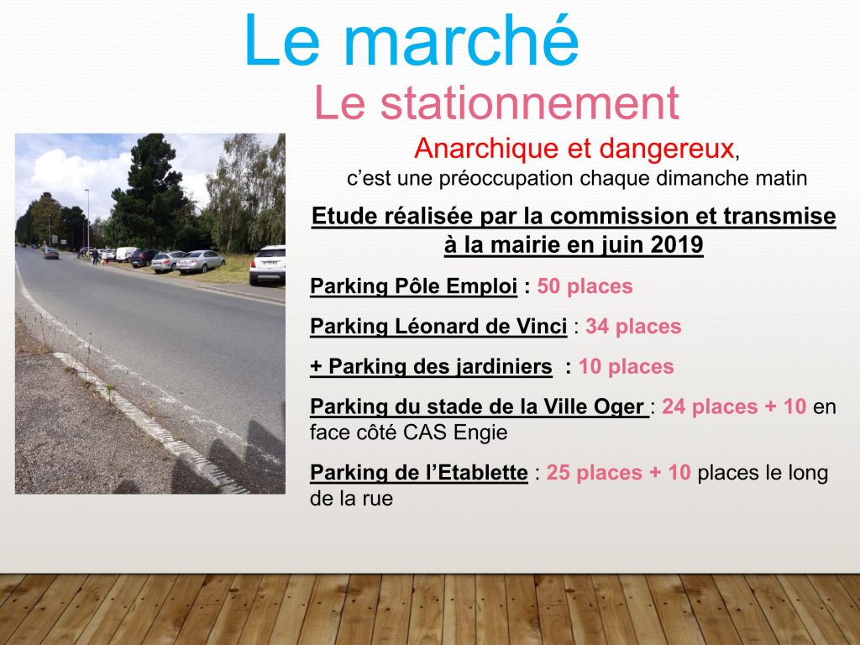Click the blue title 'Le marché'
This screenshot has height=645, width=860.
412,40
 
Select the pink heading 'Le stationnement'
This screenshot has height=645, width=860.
496,102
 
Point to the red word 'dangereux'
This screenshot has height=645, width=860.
666,148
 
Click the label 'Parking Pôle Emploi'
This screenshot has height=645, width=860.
413,286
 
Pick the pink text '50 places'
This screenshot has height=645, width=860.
585,286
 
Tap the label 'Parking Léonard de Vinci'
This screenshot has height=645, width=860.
438,327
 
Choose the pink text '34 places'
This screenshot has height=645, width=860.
633,327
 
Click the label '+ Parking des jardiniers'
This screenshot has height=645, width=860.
431,366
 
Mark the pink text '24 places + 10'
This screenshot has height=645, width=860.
734,406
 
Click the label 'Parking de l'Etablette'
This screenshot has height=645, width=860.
418,472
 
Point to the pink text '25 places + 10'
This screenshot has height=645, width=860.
618,472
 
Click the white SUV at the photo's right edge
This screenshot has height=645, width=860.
268,265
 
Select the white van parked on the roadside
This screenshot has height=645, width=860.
126,254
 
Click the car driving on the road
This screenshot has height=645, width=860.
51,254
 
